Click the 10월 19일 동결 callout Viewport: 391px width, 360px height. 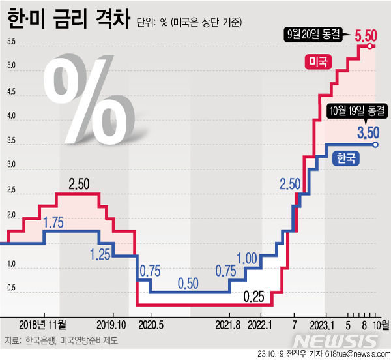[x=356, y=111]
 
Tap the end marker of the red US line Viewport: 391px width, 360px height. [x=370, y=46]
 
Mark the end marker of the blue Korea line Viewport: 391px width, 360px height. [x=375, y=144]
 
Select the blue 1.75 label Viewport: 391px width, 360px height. [x=54, y=224]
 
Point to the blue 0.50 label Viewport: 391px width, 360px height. [x=188, y=283]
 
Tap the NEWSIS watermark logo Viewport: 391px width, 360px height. [x=336, y=340]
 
